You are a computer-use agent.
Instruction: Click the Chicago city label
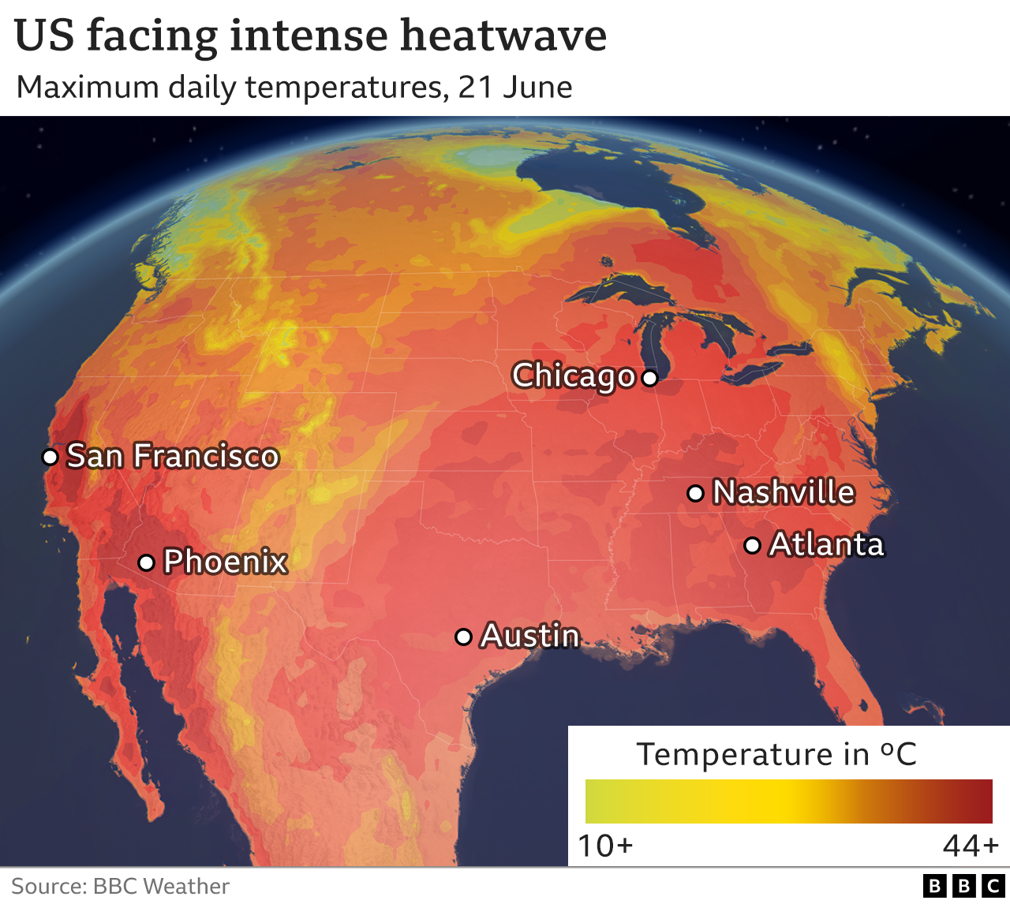(x=574, y=375)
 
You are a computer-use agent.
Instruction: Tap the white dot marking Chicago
(x=649, y=378)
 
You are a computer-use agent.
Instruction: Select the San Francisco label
(x=173, y=456)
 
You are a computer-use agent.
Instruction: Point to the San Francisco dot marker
(x=50, y=457)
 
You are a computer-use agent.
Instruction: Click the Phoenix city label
(x=225, y=562)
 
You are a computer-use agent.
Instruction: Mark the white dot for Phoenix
(x=146, y=562)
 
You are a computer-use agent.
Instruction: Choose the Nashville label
(x=784, y=492)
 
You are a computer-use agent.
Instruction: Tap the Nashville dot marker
(x=695, y=494)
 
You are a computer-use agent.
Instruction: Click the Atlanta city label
(x=826, y=544)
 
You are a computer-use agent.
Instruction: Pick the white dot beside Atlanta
(x=753, y=545)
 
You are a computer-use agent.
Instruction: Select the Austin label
(x=530, y=636)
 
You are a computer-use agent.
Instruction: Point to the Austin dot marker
(x=464, y=637)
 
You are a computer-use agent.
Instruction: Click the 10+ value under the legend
(x=605, y=846)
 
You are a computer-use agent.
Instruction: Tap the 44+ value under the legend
(x=971, y=846)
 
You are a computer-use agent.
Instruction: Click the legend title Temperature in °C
(x=776, y=754)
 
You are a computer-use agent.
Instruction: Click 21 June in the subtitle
(x=515, y=87)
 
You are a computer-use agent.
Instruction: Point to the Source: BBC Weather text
(x=120, y=886)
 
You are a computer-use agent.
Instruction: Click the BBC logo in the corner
(x=963, y=886)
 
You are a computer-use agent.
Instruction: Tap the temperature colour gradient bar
(x=788, y=801)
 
